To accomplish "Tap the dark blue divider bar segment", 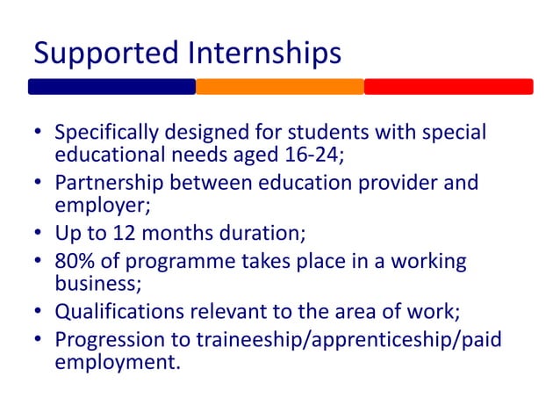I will click(111, 87).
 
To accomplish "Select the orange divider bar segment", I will click(279, 87).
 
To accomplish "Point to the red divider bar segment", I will click(449, 87).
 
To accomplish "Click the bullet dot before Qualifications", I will click(38, 313).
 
